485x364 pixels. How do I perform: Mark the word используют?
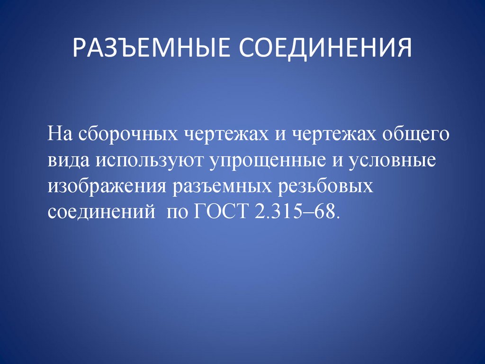(150, 161)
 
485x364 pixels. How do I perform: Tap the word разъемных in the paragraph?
(225, 186)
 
